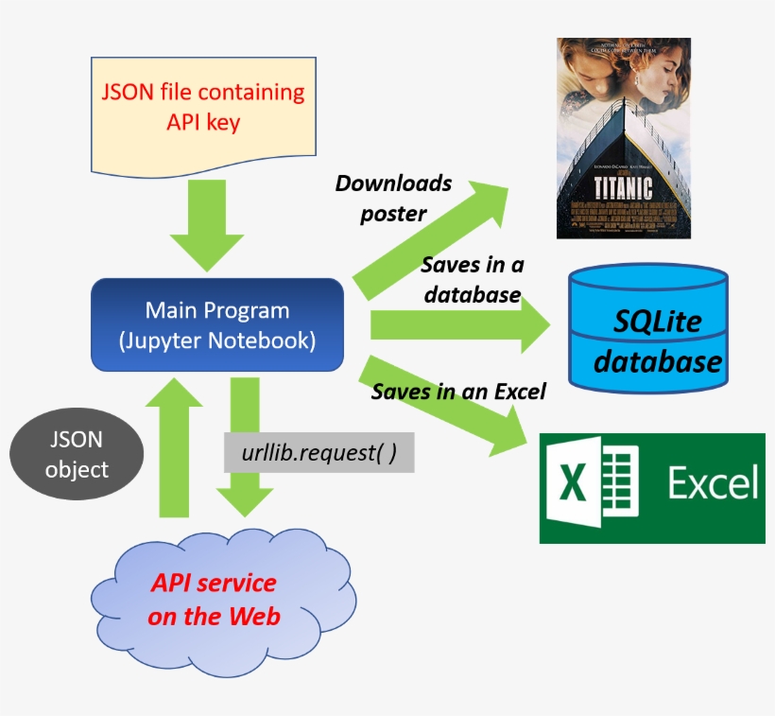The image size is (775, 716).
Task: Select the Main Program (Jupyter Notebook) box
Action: pos(216,324)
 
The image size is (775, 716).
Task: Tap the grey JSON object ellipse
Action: pos(77,455)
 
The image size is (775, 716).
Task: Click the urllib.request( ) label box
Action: pos(319,453)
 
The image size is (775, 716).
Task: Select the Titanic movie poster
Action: pos(623,137)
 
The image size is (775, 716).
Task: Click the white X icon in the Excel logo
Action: pos(573,483)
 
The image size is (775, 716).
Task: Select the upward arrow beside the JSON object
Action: pos(181,445)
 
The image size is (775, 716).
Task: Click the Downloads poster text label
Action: pos(393,198)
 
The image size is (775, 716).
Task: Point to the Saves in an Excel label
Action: pos(458,391)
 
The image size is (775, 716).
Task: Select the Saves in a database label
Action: pos(472,279)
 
